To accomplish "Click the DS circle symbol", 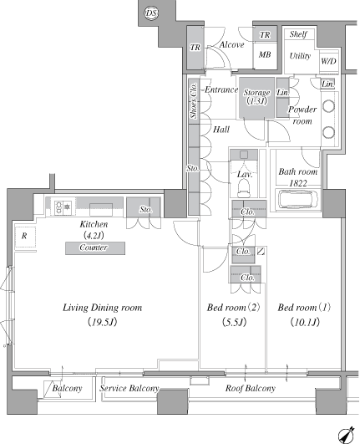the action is tap(151, 13).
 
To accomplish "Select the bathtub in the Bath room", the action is tap(298, 200).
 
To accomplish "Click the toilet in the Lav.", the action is tap(244, 188).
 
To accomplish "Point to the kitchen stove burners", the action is tap(63, 207).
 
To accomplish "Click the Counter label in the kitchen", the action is tap(94, 248).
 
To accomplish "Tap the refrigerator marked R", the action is tap(25, 237).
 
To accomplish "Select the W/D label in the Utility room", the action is tap(328, 61).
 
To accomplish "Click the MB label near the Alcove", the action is tap(265, 54).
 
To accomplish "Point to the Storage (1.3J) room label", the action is tap(256, 96).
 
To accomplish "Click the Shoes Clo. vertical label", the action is tap(194, 100).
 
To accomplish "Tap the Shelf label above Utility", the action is tap(298, 34).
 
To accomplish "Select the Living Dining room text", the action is tap(102, 308).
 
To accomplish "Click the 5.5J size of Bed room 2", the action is tap(234, 322).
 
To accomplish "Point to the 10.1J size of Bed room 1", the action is tap(305, 322).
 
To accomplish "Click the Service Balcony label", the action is tap(129, 388).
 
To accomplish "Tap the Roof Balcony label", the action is tap(251, 388).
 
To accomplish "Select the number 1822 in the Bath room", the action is tap(298, 183).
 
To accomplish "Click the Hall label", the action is tap(221, 130).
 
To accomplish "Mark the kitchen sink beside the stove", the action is tap(101, 210).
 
